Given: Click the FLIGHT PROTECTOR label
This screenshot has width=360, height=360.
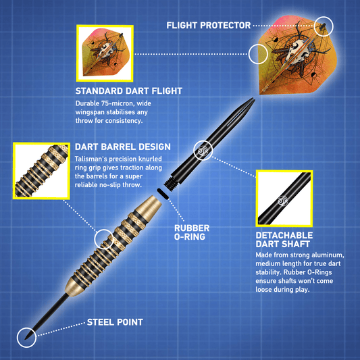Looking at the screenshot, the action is (x=209, y=25).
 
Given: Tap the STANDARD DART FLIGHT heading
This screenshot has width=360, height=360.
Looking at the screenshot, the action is (x=129, y=91).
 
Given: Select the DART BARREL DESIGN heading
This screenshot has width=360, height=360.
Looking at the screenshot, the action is (x=123, y=147).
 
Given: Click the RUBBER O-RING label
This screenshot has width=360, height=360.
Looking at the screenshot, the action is (x=192, y=232).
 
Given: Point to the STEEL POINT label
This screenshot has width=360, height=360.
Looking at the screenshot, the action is (x=115, y=322).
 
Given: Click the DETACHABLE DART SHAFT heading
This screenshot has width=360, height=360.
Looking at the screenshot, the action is (x=284, y=240).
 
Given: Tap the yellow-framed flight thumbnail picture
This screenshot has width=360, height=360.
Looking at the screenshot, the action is (x=105, y=53).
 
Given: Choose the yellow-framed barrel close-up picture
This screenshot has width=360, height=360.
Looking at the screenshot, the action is (x=42, y=171).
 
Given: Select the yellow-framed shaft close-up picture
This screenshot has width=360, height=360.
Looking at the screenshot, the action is (x=284, y=199).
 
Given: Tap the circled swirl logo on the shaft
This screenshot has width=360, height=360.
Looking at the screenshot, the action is (x=203, y=151).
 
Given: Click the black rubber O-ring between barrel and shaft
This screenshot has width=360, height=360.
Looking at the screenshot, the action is (x=163, y=194).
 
